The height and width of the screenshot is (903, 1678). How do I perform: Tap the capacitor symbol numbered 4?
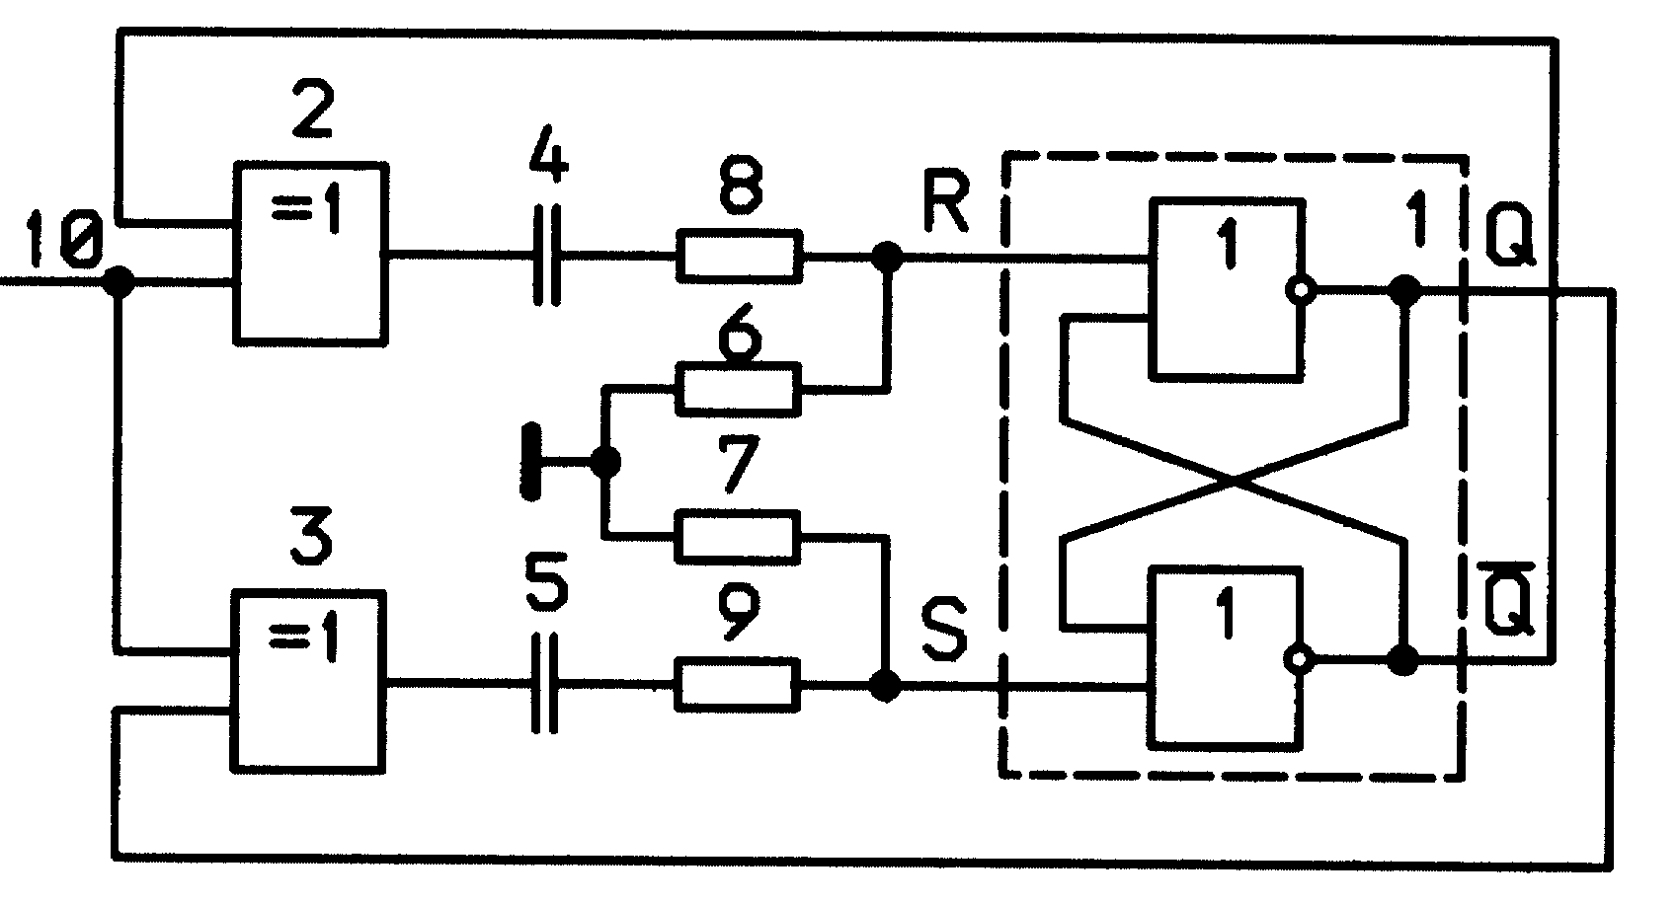coord(547,256)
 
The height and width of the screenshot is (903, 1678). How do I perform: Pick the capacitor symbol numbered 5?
coord(544,683)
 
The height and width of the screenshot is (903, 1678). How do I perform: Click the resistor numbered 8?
coord(740,256)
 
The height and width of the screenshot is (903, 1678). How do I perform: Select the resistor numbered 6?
coord(738,390)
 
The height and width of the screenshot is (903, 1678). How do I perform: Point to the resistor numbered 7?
coord(737,537)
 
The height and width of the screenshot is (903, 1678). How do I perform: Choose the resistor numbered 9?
coord(737,684)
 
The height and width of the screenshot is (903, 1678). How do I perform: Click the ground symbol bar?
coord(530,461)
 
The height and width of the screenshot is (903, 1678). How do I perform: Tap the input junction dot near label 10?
coord(118,282)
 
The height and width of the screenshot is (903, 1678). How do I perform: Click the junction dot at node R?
coord(888,257)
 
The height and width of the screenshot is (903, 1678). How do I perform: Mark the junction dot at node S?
coord(886,685)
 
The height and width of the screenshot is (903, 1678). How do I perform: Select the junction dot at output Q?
coord(1404,290)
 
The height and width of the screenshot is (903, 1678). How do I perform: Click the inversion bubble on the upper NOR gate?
coord(1301,290)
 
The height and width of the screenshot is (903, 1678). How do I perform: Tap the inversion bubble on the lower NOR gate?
coord(1298,659)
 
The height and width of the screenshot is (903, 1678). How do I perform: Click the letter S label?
coord(944,629)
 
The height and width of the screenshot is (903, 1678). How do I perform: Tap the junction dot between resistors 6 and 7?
coord(605,462)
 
